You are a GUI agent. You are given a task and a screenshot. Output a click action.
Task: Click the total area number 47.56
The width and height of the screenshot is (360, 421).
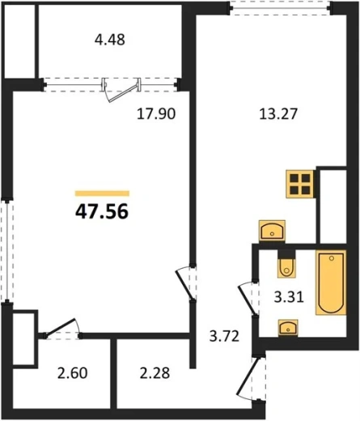tap(102, 211)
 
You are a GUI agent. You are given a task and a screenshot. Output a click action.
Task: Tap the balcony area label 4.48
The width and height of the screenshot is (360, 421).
tap(110, 40)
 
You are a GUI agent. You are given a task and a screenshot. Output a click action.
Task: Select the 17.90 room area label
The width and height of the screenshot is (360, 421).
tap(156, 113)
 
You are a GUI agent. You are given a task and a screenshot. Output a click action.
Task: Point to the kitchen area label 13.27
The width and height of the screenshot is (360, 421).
tap(278, 113)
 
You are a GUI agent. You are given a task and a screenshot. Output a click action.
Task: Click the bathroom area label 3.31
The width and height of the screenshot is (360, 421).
tap(289, 297)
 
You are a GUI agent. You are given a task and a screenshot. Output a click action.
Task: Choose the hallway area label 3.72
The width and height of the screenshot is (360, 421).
tap(224, 336)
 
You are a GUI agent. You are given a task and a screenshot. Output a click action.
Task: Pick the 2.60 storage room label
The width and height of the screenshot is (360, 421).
tap(72, 373)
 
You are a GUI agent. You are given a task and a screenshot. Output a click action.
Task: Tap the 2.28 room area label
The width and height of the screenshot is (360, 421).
tap(155, 373)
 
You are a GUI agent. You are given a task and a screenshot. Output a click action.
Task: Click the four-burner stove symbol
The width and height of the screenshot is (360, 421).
tap(301, 184)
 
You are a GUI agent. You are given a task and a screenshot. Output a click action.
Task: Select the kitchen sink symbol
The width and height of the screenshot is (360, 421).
tap(272, 231)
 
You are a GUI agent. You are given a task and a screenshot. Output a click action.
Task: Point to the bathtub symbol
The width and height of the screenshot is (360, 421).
tap(331, 283)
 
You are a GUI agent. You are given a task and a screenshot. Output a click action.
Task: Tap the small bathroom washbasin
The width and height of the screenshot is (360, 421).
tap(288, 328)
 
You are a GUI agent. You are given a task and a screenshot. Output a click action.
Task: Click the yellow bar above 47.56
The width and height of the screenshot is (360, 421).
tap(102, 193)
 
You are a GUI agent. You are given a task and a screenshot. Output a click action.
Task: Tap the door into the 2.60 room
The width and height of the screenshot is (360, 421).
tap(61, 328)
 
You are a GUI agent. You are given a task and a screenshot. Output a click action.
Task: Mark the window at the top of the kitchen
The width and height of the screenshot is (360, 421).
tap(281, 8)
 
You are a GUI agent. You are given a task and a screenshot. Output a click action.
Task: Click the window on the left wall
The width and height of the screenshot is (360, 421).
tap(7, 251)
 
